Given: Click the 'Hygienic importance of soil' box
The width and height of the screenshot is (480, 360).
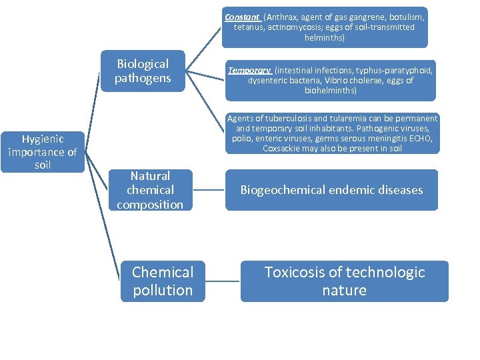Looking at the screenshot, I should (42, 151).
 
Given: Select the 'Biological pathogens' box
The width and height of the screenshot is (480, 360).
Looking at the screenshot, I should (143, 71).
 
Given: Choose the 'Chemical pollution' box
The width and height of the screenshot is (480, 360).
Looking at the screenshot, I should (163, 281).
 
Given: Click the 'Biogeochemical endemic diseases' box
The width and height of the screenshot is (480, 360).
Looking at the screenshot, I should (331, 190).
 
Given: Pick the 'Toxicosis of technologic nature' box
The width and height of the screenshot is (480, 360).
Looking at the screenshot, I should (344, 281).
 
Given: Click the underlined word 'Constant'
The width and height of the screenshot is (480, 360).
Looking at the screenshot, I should (242, 16).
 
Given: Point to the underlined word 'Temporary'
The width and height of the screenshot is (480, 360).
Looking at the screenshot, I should (249, 70).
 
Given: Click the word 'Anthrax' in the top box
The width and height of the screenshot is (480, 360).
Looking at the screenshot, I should (280, 17).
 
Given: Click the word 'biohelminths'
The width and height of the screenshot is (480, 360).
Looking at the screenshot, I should (331, 90).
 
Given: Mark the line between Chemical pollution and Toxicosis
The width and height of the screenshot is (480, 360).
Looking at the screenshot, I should (223, 281).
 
